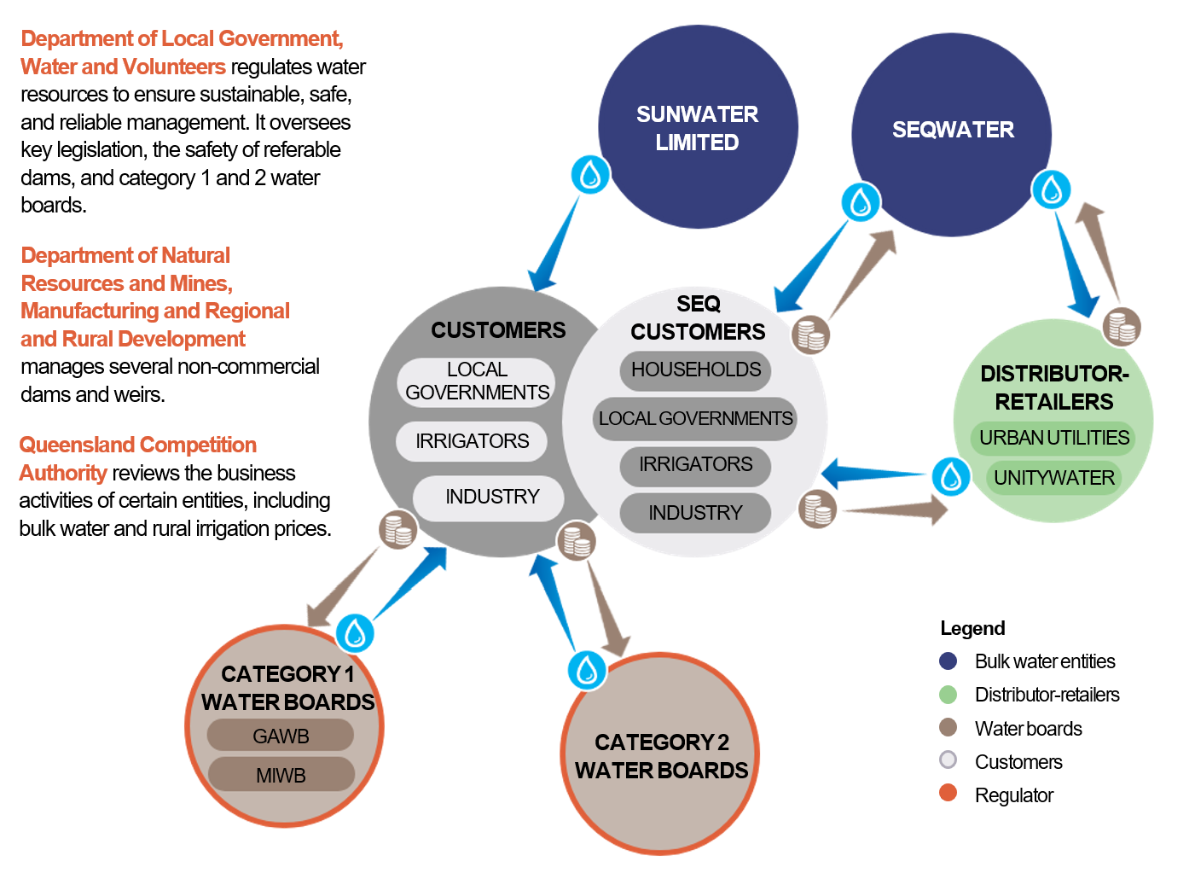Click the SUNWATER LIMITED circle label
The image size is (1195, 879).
(x=697, y=128)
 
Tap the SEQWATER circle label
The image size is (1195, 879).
(x=953, y=130)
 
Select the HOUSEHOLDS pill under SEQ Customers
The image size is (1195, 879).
(x=695, y=370)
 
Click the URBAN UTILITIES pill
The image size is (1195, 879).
(x=1053, y=438)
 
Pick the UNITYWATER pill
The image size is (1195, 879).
(x=1053, y=478)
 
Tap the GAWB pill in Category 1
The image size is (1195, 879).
(x=281, y=736)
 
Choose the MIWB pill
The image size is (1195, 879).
(x=281, y=775)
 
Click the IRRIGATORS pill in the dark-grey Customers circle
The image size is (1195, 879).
(x=472, y=441)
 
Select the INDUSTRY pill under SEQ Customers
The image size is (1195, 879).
(x=695, y=513)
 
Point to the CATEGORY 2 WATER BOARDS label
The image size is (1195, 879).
(x=661, y=756)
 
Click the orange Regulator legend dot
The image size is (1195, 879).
(x=948, y=793)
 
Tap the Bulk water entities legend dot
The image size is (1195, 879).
(x=948, y=661)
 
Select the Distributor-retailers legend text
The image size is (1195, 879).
(x=1047, y=695)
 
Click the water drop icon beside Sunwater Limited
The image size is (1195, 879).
(x=590, y=175)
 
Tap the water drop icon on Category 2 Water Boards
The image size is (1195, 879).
(x=587, y=670)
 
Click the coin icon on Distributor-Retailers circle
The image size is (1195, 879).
(x=1122, y=326)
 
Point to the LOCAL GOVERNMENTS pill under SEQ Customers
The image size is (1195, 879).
(x=695, y=418)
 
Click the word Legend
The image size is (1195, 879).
(x=972, y=628)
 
